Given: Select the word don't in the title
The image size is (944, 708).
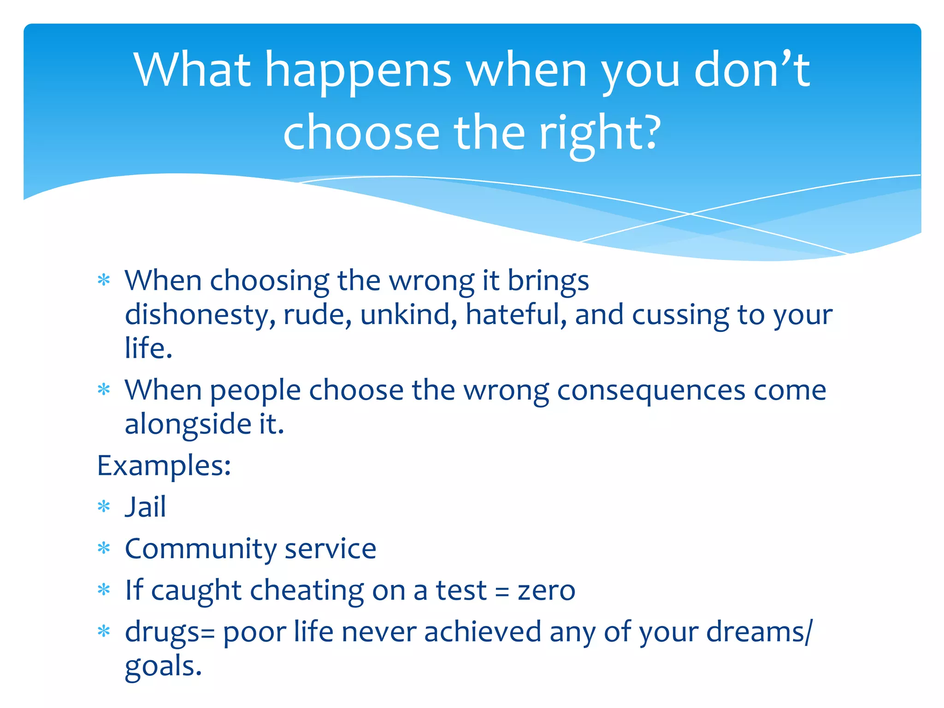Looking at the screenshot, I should (751, 70).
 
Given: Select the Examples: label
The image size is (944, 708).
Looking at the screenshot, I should (164, 466).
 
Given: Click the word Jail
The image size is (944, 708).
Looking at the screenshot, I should (145, 507).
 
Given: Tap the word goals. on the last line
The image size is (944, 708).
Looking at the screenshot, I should (163, 667).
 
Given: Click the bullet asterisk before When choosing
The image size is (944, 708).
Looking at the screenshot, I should (104, 280).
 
